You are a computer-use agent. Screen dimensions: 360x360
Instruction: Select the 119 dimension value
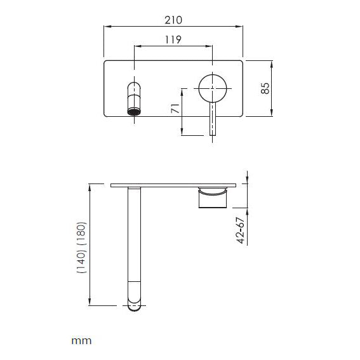173,39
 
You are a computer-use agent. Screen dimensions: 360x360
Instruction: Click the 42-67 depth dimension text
239,230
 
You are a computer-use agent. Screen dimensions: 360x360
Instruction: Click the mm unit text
81,340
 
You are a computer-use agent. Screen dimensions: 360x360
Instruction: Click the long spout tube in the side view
135,241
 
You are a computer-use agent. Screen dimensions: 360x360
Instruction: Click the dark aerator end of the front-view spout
134,112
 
